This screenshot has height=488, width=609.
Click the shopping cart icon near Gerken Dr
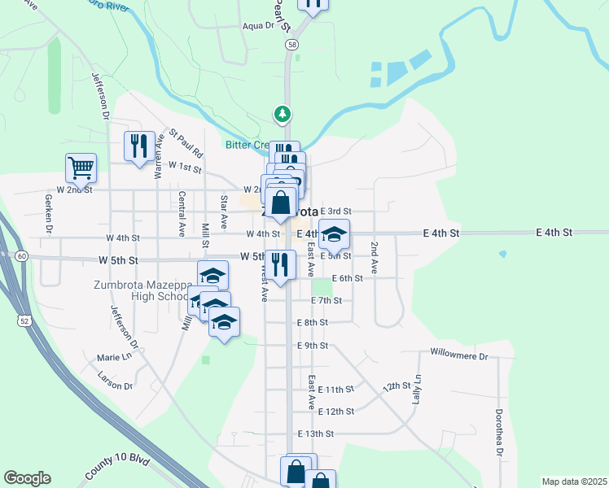[81, 168]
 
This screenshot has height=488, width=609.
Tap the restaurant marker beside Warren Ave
[138, 146]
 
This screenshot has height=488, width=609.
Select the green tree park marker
[283, 114]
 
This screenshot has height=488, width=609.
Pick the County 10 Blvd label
[117, 468]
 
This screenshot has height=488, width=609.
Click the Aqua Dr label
[259, 25]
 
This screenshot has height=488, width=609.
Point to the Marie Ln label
[114, 357]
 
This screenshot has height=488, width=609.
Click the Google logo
[27, 478]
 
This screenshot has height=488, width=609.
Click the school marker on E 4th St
[334, 234]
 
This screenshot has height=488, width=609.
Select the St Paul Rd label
[186, 142]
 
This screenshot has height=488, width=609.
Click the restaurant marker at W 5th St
[279, 264]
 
